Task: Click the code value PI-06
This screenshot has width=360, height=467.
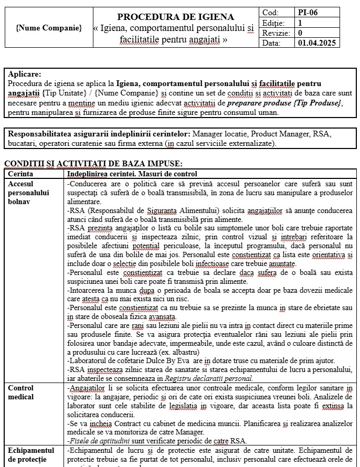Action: point(308,12)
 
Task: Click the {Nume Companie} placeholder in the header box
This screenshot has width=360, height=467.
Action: point(49,28)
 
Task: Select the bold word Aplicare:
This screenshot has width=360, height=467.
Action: point(25,75)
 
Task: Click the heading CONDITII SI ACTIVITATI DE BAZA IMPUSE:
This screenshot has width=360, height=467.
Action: point(93,164)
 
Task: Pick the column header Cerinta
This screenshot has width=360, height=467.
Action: point(21,174)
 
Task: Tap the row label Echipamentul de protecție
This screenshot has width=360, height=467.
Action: point(31,454)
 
